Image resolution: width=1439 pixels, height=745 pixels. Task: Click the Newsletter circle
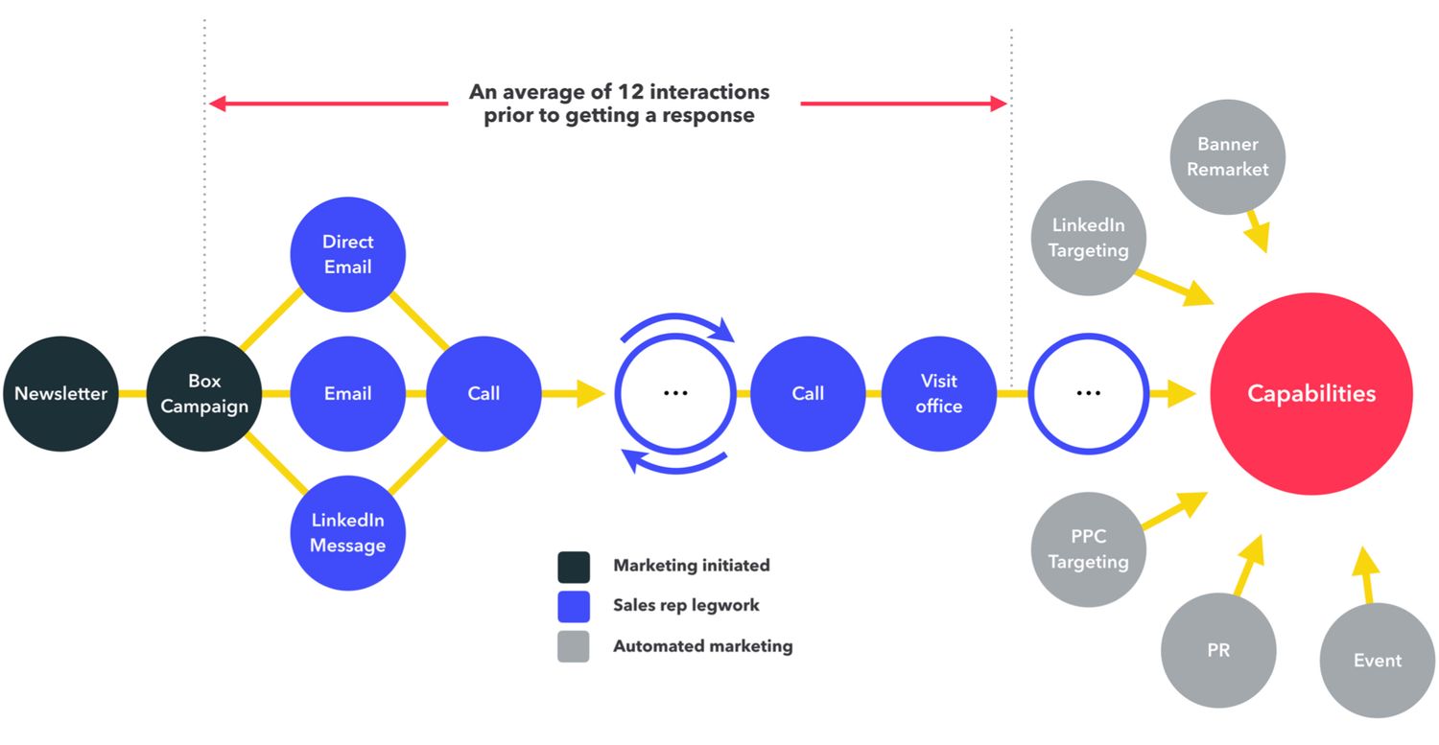click(60, 393)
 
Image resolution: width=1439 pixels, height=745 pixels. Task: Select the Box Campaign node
click(204, 393)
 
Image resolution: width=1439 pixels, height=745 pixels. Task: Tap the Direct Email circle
click(348, 254)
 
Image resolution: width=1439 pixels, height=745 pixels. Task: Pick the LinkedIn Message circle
click(348, 532)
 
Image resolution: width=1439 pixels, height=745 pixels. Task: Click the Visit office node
click(938, 393)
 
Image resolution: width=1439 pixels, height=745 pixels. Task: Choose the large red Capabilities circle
click(1310, 393)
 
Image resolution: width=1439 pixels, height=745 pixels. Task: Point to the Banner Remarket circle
click(1227, 156)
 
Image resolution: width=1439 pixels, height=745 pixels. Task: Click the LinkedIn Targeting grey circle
click(1088, 238)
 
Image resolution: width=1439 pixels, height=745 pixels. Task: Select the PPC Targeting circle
click(1088, 549)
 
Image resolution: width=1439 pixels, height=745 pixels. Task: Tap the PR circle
click(1218, 650)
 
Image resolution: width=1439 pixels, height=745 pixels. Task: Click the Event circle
click(1377, 660)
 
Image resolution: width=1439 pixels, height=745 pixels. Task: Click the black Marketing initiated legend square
click(574, 567)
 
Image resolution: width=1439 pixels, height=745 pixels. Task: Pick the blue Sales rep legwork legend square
click(574, 606)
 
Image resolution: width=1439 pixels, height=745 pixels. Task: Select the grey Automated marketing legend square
click(574, 646)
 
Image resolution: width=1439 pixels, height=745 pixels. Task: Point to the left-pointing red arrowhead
click(218, 103)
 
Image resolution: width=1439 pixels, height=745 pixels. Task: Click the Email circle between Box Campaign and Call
click(348, 393)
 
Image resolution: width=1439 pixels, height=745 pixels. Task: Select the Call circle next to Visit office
click(808, 393)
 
